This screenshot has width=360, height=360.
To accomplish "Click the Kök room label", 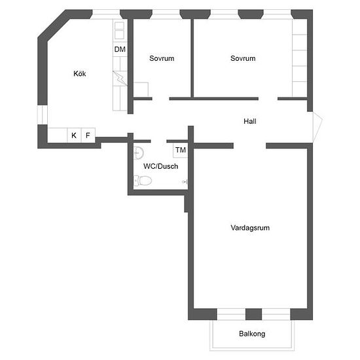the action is (x=80, y=74).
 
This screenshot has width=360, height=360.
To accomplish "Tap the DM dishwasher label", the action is (x=120, y=49).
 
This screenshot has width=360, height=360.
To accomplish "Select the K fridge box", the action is (x=74, y=135).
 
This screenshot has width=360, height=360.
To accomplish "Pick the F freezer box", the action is (x=88, y=135).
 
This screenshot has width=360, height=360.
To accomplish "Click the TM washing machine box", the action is (x=181, y=150).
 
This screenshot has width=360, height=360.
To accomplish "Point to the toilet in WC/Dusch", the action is (x=143, y=181).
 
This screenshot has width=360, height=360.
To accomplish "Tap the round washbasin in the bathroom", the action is (x=139, y=153).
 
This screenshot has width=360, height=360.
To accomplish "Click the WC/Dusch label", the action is (x=161, y=166).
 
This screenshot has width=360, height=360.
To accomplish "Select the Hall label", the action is (x=250, y=121).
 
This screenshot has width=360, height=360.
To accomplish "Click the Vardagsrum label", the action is (x=250, y=228).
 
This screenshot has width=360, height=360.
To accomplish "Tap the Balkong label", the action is (x=252, y=334).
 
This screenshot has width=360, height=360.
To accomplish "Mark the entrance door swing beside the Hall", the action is (x=317, y=126).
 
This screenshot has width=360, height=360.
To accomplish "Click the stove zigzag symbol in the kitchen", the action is (x=120, y=79).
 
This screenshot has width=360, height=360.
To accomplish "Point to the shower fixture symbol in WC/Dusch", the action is (x=185, y=182).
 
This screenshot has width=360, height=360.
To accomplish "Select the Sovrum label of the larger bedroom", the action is (x=243, y=58).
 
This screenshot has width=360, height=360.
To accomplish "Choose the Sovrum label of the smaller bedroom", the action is (x=162, y=58).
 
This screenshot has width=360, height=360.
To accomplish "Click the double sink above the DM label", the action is (x=119, y=31).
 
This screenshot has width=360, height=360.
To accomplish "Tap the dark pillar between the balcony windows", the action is (x=254, y=314).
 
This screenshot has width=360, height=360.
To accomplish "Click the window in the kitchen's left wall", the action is (x=43, y=115).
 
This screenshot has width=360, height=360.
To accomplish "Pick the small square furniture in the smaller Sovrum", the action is (x=141, y=90).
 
